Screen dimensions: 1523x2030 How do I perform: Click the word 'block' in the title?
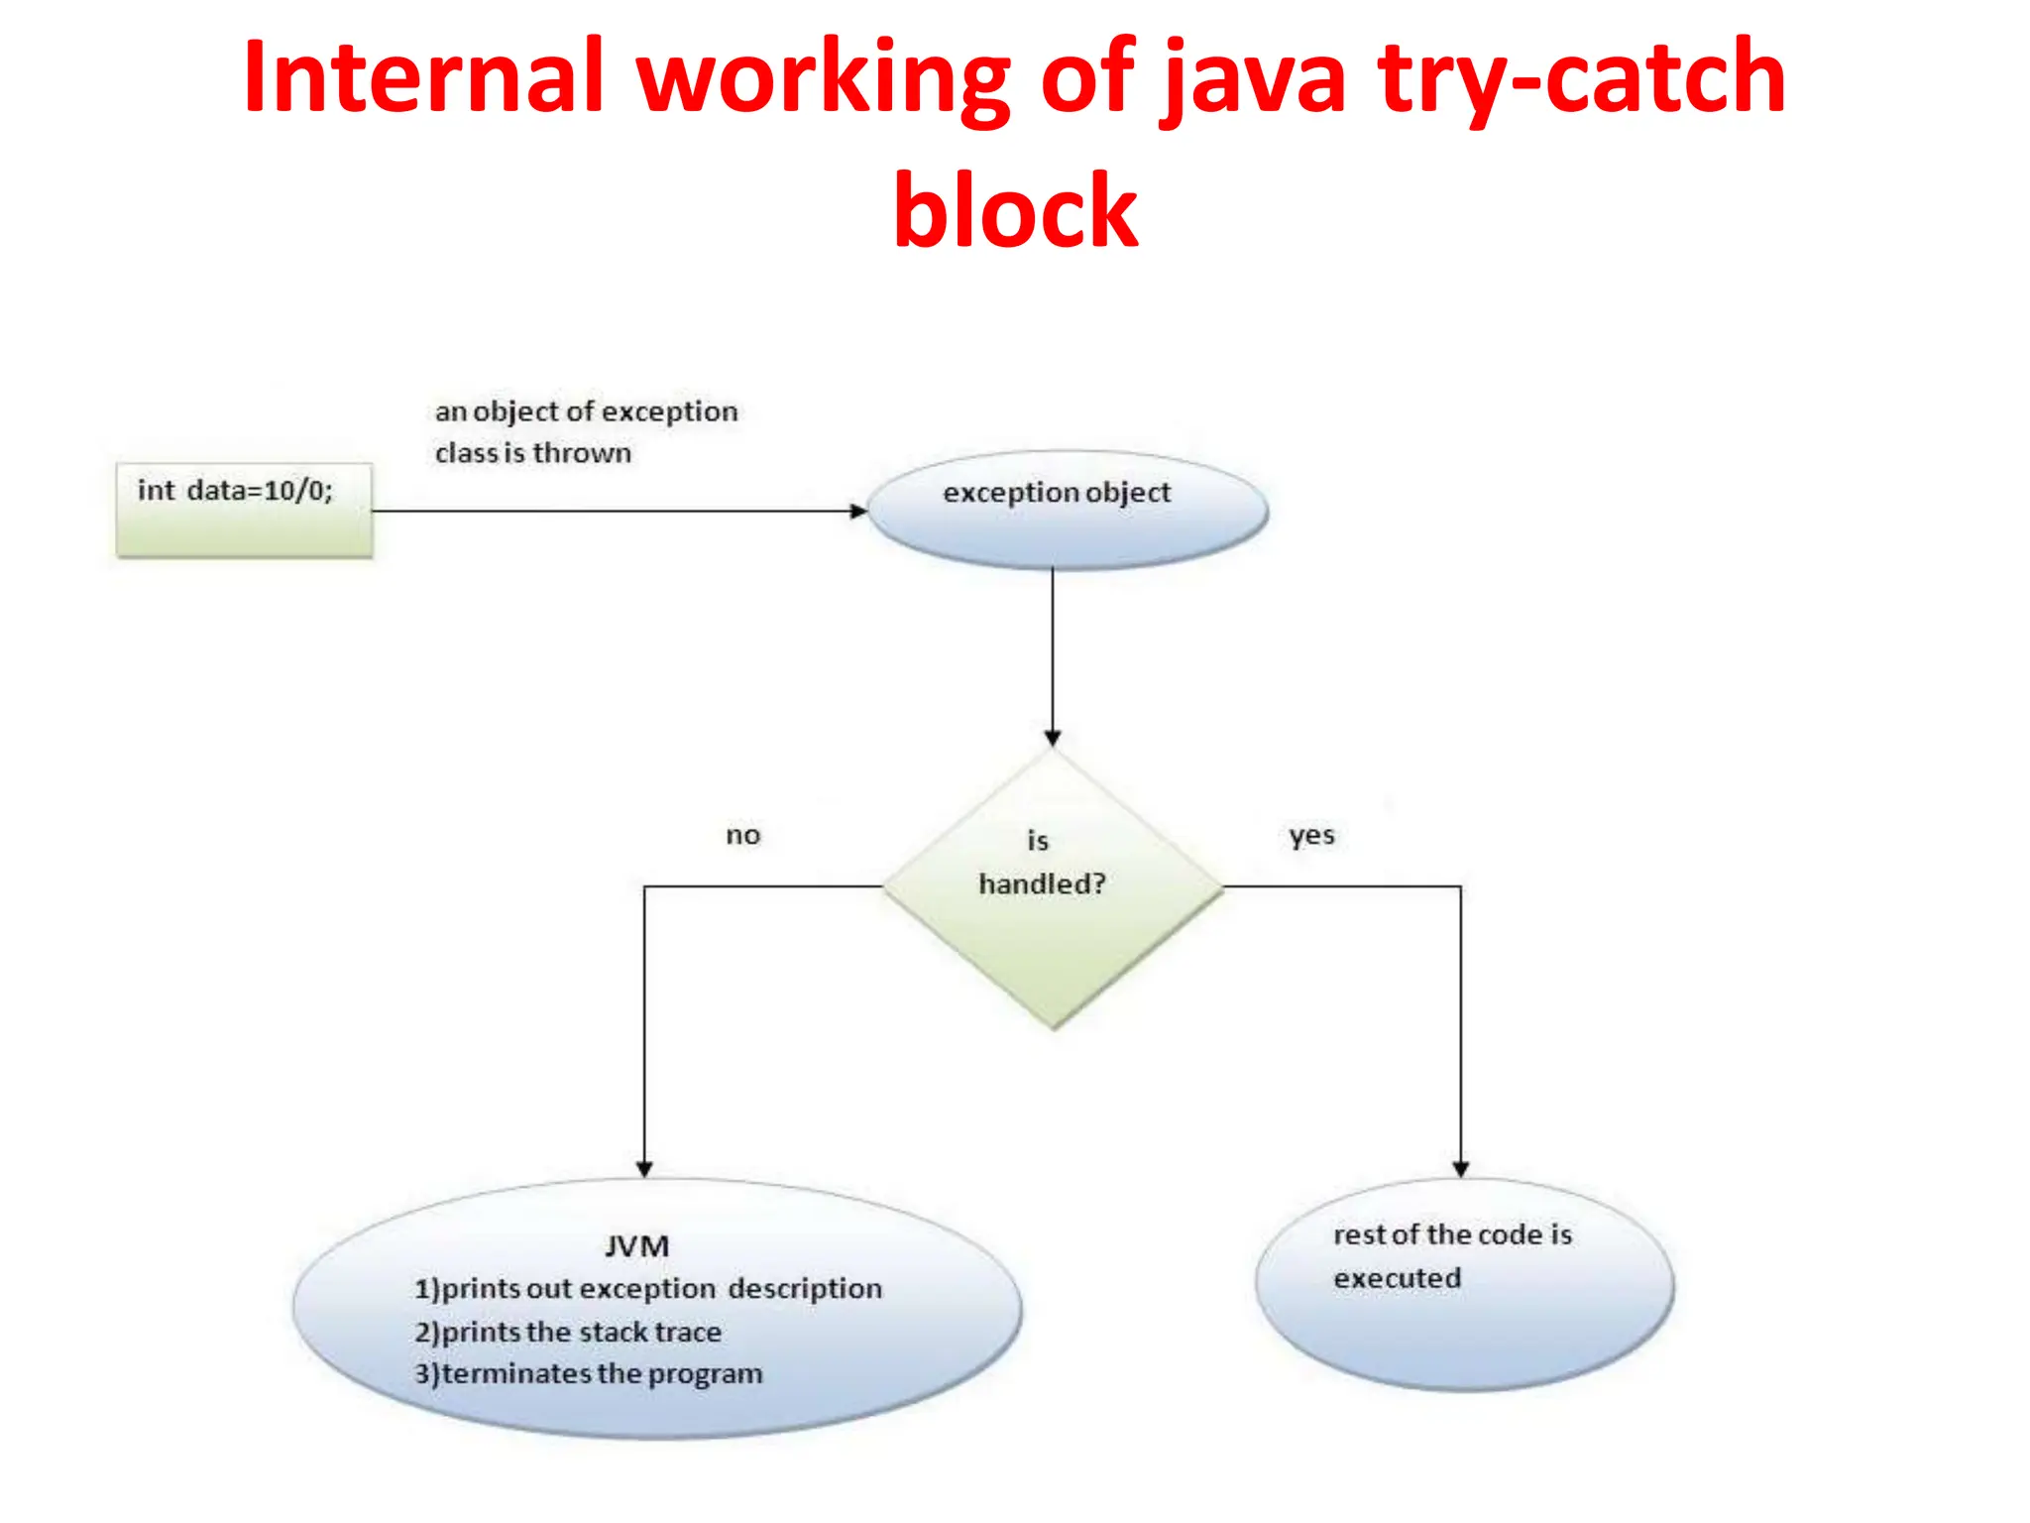(x=1015, y=210)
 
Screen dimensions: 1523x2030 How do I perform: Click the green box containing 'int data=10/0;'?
(x=244, y=510)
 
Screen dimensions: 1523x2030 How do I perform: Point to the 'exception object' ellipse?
(x=1068, y=510)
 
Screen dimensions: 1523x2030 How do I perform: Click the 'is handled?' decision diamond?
(x=1053, y=887)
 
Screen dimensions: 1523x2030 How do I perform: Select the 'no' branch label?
(x=742, y=835)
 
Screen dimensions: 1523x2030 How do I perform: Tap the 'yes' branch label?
(x=1311, y=835)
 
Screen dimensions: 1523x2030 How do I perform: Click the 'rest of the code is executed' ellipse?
(x=1464, y=1285)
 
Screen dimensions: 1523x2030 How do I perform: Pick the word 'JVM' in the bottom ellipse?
(x=636, y=1246)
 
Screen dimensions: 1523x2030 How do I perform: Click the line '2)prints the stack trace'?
(x=568, y=1332)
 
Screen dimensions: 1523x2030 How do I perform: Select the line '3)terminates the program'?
(x=589, y=1374)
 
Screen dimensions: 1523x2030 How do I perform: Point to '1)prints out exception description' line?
(x=647, y=1289)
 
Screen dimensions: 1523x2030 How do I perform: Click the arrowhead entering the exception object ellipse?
(x=858, y=511)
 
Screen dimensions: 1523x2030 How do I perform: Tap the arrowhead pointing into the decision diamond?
(x=1053, y=738)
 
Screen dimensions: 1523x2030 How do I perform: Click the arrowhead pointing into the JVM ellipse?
(x=644, y=1169)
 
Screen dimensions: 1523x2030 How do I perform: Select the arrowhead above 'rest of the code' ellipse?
(x=1460, y=1169)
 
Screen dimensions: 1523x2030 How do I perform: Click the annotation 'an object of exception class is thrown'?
(x=585, y=432)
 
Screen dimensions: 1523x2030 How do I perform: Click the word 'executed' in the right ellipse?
(x=1397, y=1278)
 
